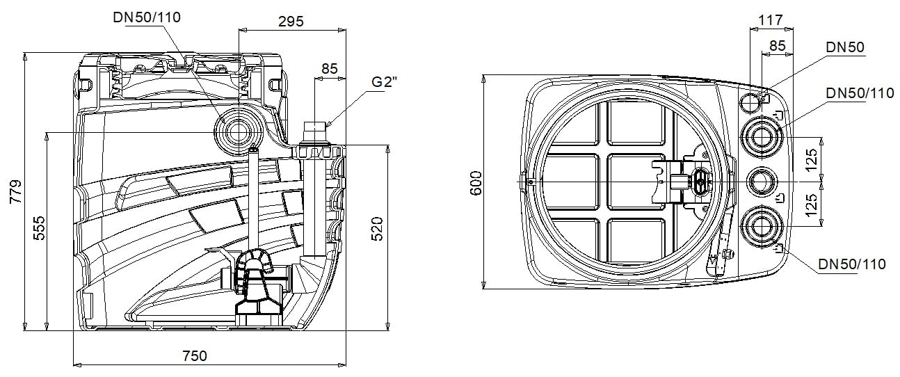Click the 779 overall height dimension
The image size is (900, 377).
[16, 191]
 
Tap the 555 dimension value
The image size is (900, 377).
[39, 228]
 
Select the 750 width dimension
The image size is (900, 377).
[195, 355]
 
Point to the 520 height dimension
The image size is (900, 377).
[377, 228]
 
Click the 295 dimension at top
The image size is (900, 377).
[291, 21]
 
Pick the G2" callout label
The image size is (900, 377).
[384, 81]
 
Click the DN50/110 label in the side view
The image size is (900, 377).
[147, 17]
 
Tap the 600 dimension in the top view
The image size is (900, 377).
[476, 183]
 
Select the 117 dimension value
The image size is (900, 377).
[771, 19]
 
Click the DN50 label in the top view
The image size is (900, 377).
[845, 47]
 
